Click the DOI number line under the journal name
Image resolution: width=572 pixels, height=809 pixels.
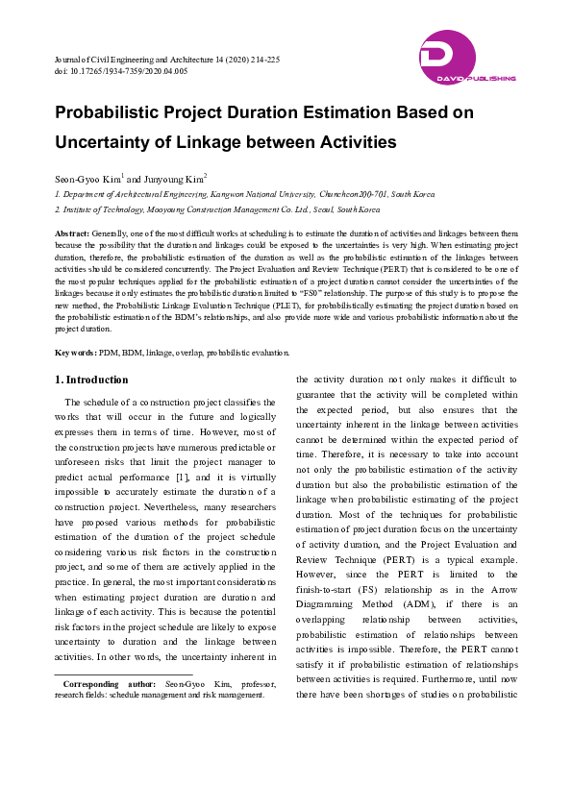[x=121, y=71]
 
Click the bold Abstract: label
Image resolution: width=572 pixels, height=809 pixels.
[x=72, y=233]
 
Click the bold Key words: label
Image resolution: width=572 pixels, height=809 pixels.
[x=75, y=353]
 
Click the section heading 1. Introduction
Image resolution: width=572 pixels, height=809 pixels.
[x=91, y=380]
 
